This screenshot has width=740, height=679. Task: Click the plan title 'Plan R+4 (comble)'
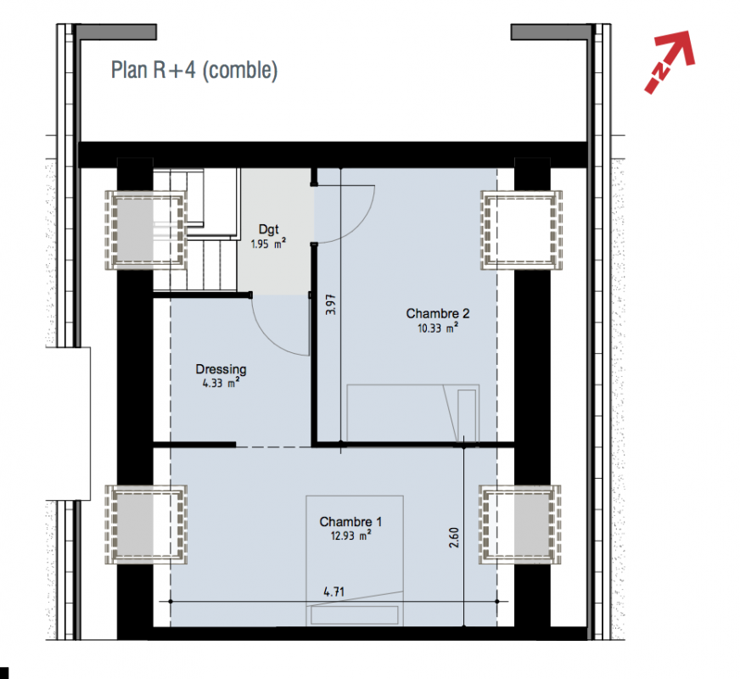(x=194, y=70)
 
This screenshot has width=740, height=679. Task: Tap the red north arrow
(x=670, y=61)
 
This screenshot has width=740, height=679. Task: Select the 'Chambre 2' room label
(x=438, y=313)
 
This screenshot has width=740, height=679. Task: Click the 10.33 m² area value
(x=438, y=328)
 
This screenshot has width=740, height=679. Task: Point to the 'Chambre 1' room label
(x=350, y=521)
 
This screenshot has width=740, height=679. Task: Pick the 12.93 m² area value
(x=350, y=536)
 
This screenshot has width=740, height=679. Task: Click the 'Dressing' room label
(x=221, y=369)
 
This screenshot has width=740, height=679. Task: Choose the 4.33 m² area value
(x=221, y=383)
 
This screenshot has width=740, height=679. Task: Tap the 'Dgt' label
(x=268, y=229)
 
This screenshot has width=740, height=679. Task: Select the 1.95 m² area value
(x=268, y=244)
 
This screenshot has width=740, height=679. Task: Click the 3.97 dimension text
(x=331, y=305)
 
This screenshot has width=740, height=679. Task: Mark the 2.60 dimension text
(x=453, y=537)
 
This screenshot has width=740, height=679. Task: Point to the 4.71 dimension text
(x=334, y=592)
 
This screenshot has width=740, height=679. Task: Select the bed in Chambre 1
(x=355, y=560)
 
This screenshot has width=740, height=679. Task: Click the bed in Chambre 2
(x=413, y=413)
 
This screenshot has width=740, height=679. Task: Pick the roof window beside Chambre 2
(x=521, y=230)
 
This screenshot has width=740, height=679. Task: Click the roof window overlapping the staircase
(x=146, y=230)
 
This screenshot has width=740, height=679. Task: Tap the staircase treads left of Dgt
(x=195, y=230)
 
